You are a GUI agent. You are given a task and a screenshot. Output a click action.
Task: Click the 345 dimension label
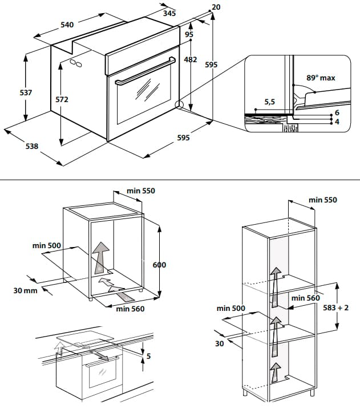point(168,13)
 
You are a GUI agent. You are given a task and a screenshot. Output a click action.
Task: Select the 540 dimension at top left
point(67,25)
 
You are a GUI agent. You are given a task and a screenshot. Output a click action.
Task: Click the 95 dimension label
point(189,34)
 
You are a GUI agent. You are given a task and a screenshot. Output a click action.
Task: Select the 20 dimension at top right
point(215,7)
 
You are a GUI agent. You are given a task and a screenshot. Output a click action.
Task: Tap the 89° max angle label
point(320,78)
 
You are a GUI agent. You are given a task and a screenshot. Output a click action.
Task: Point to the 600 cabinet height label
point(159,265)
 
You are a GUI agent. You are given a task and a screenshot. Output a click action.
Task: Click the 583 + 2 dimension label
point(335,308)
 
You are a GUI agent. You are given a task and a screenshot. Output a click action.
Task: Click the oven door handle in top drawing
point(145,71)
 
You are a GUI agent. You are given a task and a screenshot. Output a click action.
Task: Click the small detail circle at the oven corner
point(179,106)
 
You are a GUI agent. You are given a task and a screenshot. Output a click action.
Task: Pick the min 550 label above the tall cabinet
point(322,200)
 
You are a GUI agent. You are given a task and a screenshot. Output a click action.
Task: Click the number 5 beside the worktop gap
point(148,357)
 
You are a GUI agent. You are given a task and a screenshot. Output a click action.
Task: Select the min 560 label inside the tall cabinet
point(305,297)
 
